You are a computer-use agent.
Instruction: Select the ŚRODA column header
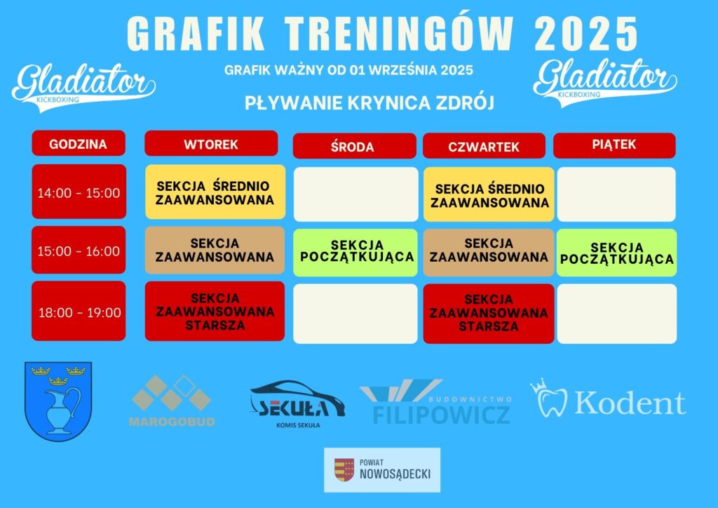(x=354, y=146)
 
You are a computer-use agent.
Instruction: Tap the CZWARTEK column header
(x=484, y=146)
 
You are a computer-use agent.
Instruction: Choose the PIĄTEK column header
(x=614, y=146)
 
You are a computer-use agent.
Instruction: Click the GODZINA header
(x=79, y=143)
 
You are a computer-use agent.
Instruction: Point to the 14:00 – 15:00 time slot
(x=79, y=192)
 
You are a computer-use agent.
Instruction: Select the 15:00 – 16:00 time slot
(x=79, y=250)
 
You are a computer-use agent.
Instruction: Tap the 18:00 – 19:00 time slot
(x=79, y=311)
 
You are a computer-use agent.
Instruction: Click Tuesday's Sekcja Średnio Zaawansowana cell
(x=215, y=192)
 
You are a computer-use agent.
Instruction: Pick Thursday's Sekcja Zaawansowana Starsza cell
(x=489, y=314)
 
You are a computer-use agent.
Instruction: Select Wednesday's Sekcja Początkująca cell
(x=355, y=253)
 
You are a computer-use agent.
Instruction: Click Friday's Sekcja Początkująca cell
(x=617, y=253)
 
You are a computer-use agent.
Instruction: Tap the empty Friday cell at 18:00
(x=617, y=314)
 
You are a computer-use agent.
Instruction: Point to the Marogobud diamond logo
(x=171, y=394)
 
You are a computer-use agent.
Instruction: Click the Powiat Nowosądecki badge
(x=382, y=470)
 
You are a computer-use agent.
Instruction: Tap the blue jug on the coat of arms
(x=60, y=409)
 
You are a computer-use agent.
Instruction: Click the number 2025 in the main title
(x=586, y=34)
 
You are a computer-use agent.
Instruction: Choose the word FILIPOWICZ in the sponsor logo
(x=442, y=414)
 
